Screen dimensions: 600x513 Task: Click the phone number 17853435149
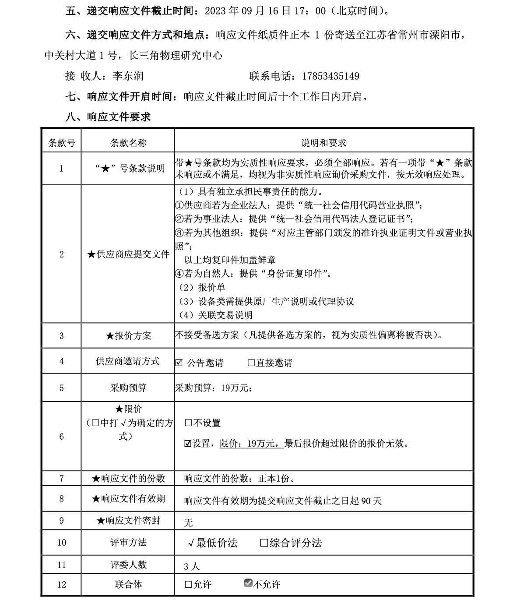[330, 76]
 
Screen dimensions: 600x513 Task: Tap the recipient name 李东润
[128, 76]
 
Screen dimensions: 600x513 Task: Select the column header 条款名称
[128, 143]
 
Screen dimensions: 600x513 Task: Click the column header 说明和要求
[323, 143]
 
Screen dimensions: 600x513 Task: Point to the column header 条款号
[61, 143]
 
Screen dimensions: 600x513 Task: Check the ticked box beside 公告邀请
[179, 363]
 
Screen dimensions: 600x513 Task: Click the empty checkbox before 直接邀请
[251, 363]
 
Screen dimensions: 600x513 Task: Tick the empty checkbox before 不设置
[188, 423]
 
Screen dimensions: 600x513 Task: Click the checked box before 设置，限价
[188, 444]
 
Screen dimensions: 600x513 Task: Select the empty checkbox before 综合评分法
[264, 543]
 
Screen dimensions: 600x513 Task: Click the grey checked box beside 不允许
[248, 583]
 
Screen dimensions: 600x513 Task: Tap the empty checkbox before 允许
[188, 584]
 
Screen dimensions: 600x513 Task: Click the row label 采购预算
[128, 388]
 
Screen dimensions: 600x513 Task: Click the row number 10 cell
[61, 543]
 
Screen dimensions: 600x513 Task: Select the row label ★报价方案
[128, 336]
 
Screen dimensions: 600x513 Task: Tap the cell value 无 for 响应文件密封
[188, 522]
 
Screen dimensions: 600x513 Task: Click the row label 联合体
[128, 584]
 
